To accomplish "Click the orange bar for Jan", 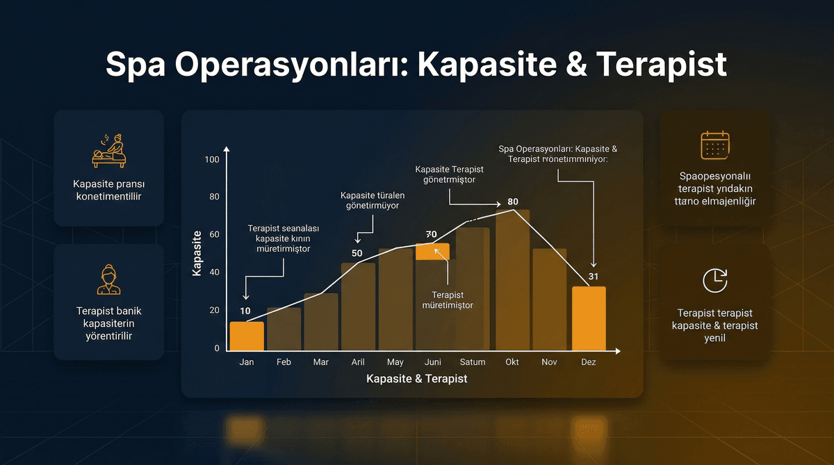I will [247, 336].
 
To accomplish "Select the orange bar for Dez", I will [589, 318].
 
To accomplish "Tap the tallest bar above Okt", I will [512, 279].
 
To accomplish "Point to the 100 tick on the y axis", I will [212, 160].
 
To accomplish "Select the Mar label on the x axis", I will [320, 362].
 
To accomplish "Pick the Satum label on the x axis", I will [473, 362].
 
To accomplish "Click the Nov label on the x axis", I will [549, 362].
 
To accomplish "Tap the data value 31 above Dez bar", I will [592, 277].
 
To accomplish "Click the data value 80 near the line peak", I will [513, 202].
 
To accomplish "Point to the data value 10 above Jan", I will [245, 311].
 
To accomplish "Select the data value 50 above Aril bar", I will [357, 253].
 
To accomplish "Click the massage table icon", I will [110, 152].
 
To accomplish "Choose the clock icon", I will [714, 279].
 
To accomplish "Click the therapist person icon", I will [109, 279].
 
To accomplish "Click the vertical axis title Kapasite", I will [197, 254].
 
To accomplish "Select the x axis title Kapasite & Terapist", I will [416, 379].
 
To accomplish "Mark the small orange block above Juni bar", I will [432, 252].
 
